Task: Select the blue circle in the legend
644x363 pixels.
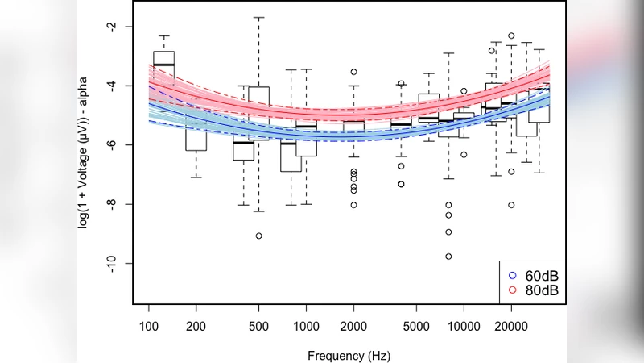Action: pyautogui.click(x=512, y=276)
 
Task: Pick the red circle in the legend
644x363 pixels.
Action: pyautogui.click(x=512, y=290)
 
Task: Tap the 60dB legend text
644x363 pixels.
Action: pyautogui.click(x=541, y=276)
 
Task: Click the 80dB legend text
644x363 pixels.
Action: pyautogui.click(x=541, y=290)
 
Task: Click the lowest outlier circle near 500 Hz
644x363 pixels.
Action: pyautogui.click(x=258, y=236)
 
